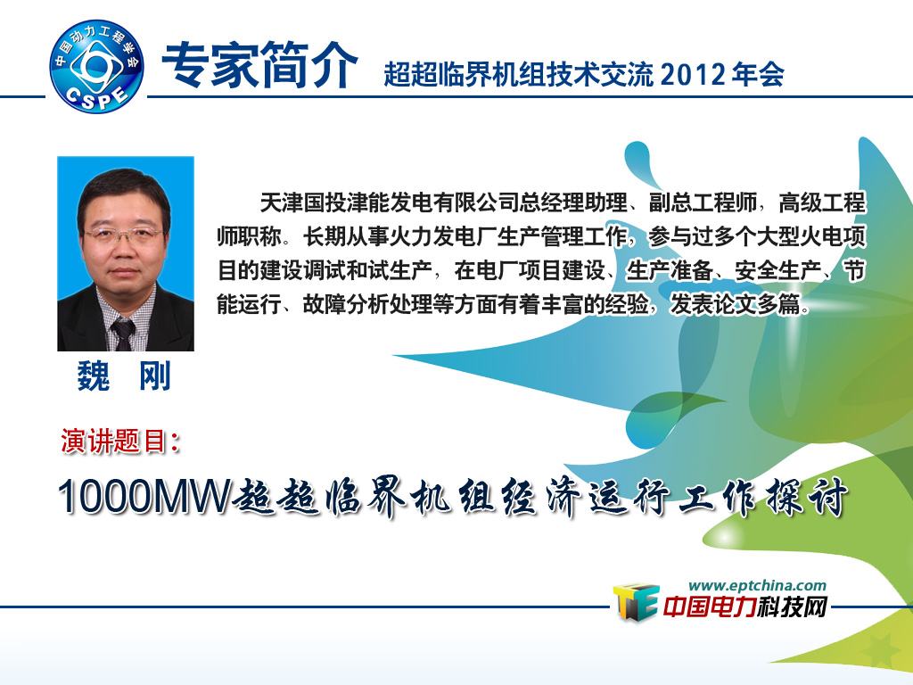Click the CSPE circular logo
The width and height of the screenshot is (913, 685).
pos(96,66)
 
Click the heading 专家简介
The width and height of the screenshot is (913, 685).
pos(259,65)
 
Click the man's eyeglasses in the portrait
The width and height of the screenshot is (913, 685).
pos(123,235)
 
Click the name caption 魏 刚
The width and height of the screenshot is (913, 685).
pos(124,376)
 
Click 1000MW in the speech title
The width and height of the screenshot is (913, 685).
pos(144,496)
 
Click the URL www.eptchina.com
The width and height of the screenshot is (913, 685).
pos(757,585)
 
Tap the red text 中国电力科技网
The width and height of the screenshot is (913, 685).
pos(744,607)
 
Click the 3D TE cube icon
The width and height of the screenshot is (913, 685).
pos(636,602)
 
